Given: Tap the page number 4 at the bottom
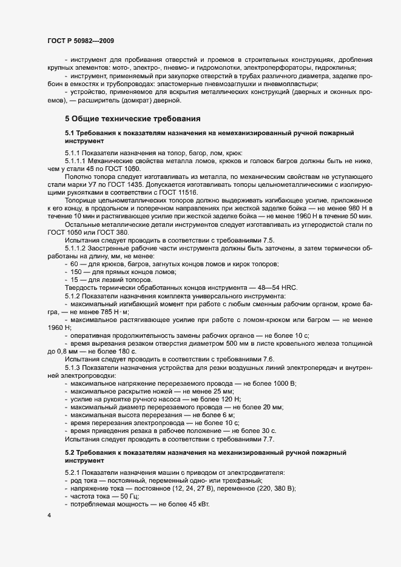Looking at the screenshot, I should tap(49, 515).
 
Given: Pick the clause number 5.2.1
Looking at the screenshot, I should tap(75, 472).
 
